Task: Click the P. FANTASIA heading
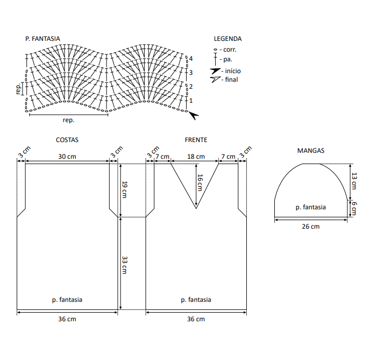(x=42, y=39)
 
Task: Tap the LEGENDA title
(x=227, y=39)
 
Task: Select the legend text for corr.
(x=230, y=50)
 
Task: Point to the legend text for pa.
(x=228, y=60)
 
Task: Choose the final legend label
(x=231, y=80)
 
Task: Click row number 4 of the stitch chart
(x=191, y=59)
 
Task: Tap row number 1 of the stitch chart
(x=191, y=101)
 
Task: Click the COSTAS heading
(x=67, y=140)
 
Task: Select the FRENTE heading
(x=196, y=140)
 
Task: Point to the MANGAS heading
(x=311, y=151)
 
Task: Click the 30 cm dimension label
(x=67, y=157)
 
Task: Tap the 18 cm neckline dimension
(x=196, y=157)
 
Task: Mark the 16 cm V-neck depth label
(x=200, y=182)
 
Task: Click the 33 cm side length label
(x=125, y=265)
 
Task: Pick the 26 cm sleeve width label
(x=311, y=227)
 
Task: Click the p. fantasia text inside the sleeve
(x=311, y=207)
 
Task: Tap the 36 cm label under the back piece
(x=67, y=319)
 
